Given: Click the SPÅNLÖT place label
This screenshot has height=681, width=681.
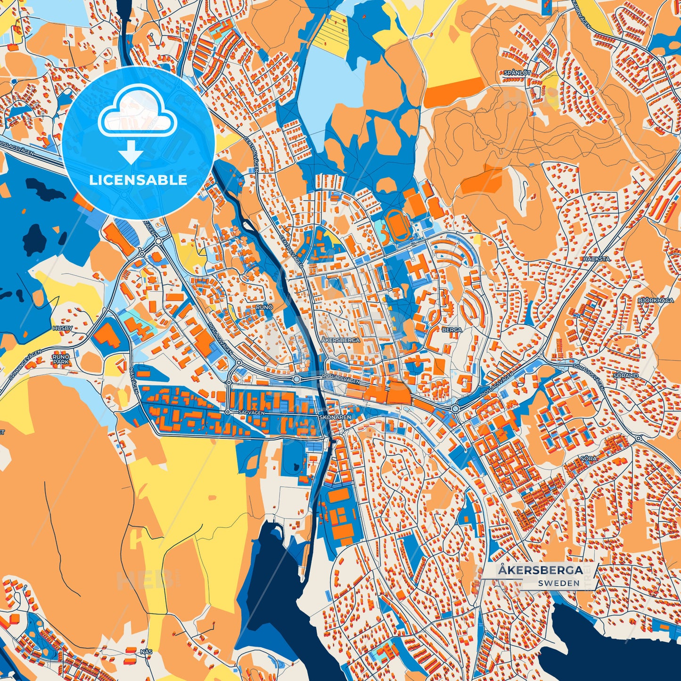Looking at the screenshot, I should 517,73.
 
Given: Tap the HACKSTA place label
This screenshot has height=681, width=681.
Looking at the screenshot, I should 596,259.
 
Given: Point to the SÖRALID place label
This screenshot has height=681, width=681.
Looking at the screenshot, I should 626,376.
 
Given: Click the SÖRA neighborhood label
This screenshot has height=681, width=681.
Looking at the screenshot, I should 589,458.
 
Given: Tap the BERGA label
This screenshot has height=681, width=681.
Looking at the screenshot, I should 452,330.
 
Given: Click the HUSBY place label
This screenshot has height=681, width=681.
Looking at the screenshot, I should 63,328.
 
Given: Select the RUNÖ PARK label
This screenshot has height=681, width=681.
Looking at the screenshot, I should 61,360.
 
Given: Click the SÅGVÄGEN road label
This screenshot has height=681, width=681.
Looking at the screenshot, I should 252,412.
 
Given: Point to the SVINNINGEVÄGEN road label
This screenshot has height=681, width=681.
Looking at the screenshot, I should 21,365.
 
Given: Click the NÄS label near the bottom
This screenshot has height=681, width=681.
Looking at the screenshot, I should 146,652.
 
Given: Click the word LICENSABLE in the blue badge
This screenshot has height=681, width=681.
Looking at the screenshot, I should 138,180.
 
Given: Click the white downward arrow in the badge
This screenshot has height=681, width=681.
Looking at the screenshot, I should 131,154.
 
